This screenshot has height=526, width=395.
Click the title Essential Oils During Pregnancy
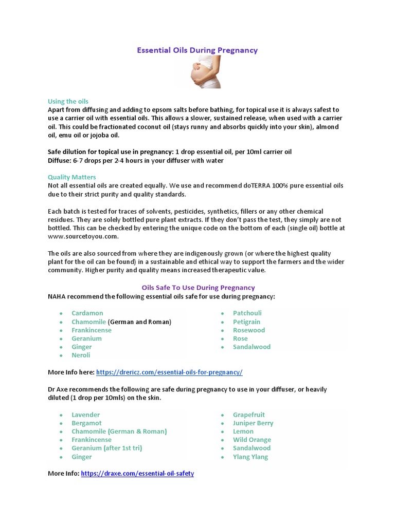[197, 50]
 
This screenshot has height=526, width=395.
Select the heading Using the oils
[68, 101]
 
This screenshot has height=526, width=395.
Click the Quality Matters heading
[71, 177]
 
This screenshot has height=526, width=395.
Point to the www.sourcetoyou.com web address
[83, 236]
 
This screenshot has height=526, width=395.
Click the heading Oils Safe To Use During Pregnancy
[198, 288]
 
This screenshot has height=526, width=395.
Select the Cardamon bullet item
[87, 313]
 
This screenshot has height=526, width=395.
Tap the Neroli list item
[81, 355]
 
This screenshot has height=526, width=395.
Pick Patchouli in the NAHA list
[247, 313]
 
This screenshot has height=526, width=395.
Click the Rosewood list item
[249, 330]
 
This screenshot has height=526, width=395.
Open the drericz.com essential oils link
[169, 372]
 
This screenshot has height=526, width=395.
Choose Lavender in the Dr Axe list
[86, 415]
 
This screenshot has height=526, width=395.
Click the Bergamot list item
[86, 423]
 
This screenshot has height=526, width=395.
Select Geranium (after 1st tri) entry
[107, 448]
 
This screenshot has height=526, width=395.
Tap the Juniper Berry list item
[253, 423]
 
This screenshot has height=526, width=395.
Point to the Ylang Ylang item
[250, 457]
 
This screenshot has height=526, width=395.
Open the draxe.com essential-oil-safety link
[137, 474]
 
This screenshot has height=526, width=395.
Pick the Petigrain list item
[247, 322]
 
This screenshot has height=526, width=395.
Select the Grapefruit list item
[249, 415]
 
